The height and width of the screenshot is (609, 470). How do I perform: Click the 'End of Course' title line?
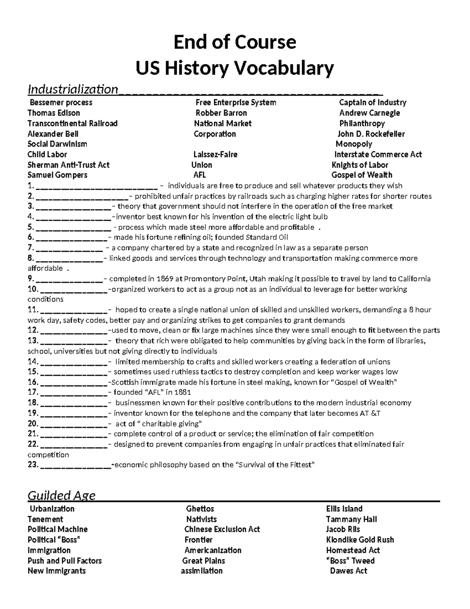[235, 42]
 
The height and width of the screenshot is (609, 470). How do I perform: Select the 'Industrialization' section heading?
[72, 89]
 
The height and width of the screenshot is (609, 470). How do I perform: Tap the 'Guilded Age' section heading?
[61, 496]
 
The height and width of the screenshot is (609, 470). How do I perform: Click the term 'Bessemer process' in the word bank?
[61, 102]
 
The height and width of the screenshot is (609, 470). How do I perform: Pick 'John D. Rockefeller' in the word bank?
[371, 134]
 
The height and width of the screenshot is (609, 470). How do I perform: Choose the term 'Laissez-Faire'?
[215, 155]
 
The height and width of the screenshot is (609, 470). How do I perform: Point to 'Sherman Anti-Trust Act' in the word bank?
[69, 165]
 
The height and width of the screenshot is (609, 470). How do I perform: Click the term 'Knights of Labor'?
[360, 165]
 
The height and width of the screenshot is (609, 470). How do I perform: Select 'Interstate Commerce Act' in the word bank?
[378, 155]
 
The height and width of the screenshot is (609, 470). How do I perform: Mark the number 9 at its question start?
[31, 279]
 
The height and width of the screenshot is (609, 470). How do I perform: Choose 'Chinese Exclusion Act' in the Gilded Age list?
[222, 529]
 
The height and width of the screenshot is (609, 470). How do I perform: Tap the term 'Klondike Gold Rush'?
[360, 540]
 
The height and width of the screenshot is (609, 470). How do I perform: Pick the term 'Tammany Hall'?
[351, 519]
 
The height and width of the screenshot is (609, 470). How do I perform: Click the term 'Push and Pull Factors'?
[65, 560]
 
